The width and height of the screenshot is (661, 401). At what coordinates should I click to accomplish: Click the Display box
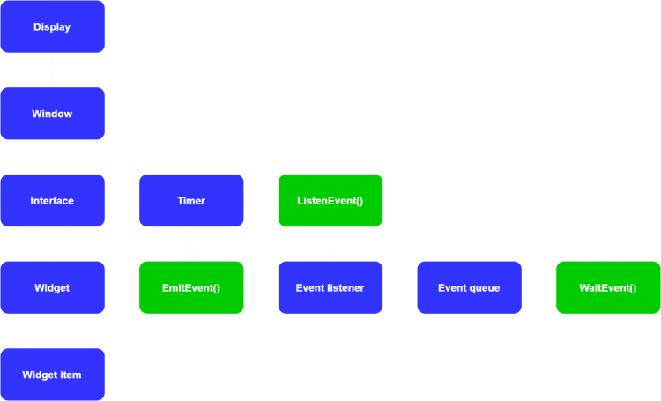tap(52, 26)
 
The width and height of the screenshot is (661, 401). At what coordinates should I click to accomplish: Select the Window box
tap(52, 114)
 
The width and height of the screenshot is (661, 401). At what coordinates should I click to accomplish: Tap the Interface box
tap(52, 200)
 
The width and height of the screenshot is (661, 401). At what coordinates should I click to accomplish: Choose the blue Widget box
tap(52, 287)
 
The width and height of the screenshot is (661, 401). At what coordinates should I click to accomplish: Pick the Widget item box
tap(52, 375)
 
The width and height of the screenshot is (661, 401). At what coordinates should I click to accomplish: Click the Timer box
tap(191, 200)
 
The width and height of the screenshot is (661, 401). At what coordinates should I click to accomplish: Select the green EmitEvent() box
tap(191, 287)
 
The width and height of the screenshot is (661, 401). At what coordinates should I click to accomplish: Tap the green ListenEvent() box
tap(330, 200)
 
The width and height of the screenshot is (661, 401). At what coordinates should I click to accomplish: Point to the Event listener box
tap(330, 287)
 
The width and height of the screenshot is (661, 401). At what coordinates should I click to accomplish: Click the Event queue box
tap(469, 287)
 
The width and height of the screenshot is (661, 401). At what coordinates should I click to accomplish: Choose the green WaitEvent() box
tap(608, 287)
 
